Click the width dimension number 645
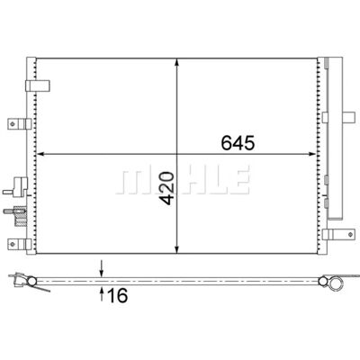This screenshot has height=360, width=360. click(x=238, y=143)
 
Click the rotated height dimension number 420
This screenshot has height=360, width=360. click(x=167, y=188)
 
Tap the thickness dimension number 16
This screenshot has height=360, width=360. click(x=118, y=295)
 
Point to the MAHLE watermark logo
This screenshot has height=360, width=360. click(x=184, y=180)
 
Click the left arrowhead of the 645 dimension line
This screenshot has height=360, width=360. click(x=40, y=154)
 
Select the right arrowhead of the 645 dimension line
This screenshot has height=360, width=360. click(x=312, y=154)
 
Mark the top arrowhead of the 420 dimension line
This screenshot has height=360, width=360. click(x=177, y=63)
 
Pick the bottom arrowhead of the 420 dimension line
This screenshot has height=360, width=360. click(x=177, y=249)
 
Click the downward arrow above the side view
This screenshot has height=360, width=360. click(x=102, y=268)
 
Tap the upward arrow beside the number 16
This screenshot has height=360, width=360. click(x=102, y=293)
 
